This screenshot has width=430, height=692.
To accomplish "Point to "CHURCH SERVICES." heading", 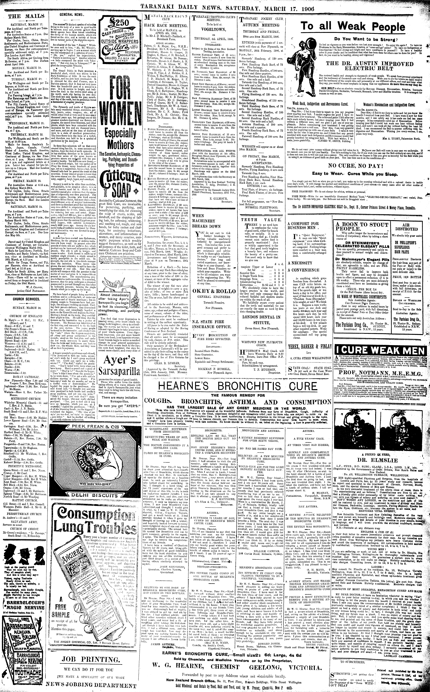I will [x=24, y=299].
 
